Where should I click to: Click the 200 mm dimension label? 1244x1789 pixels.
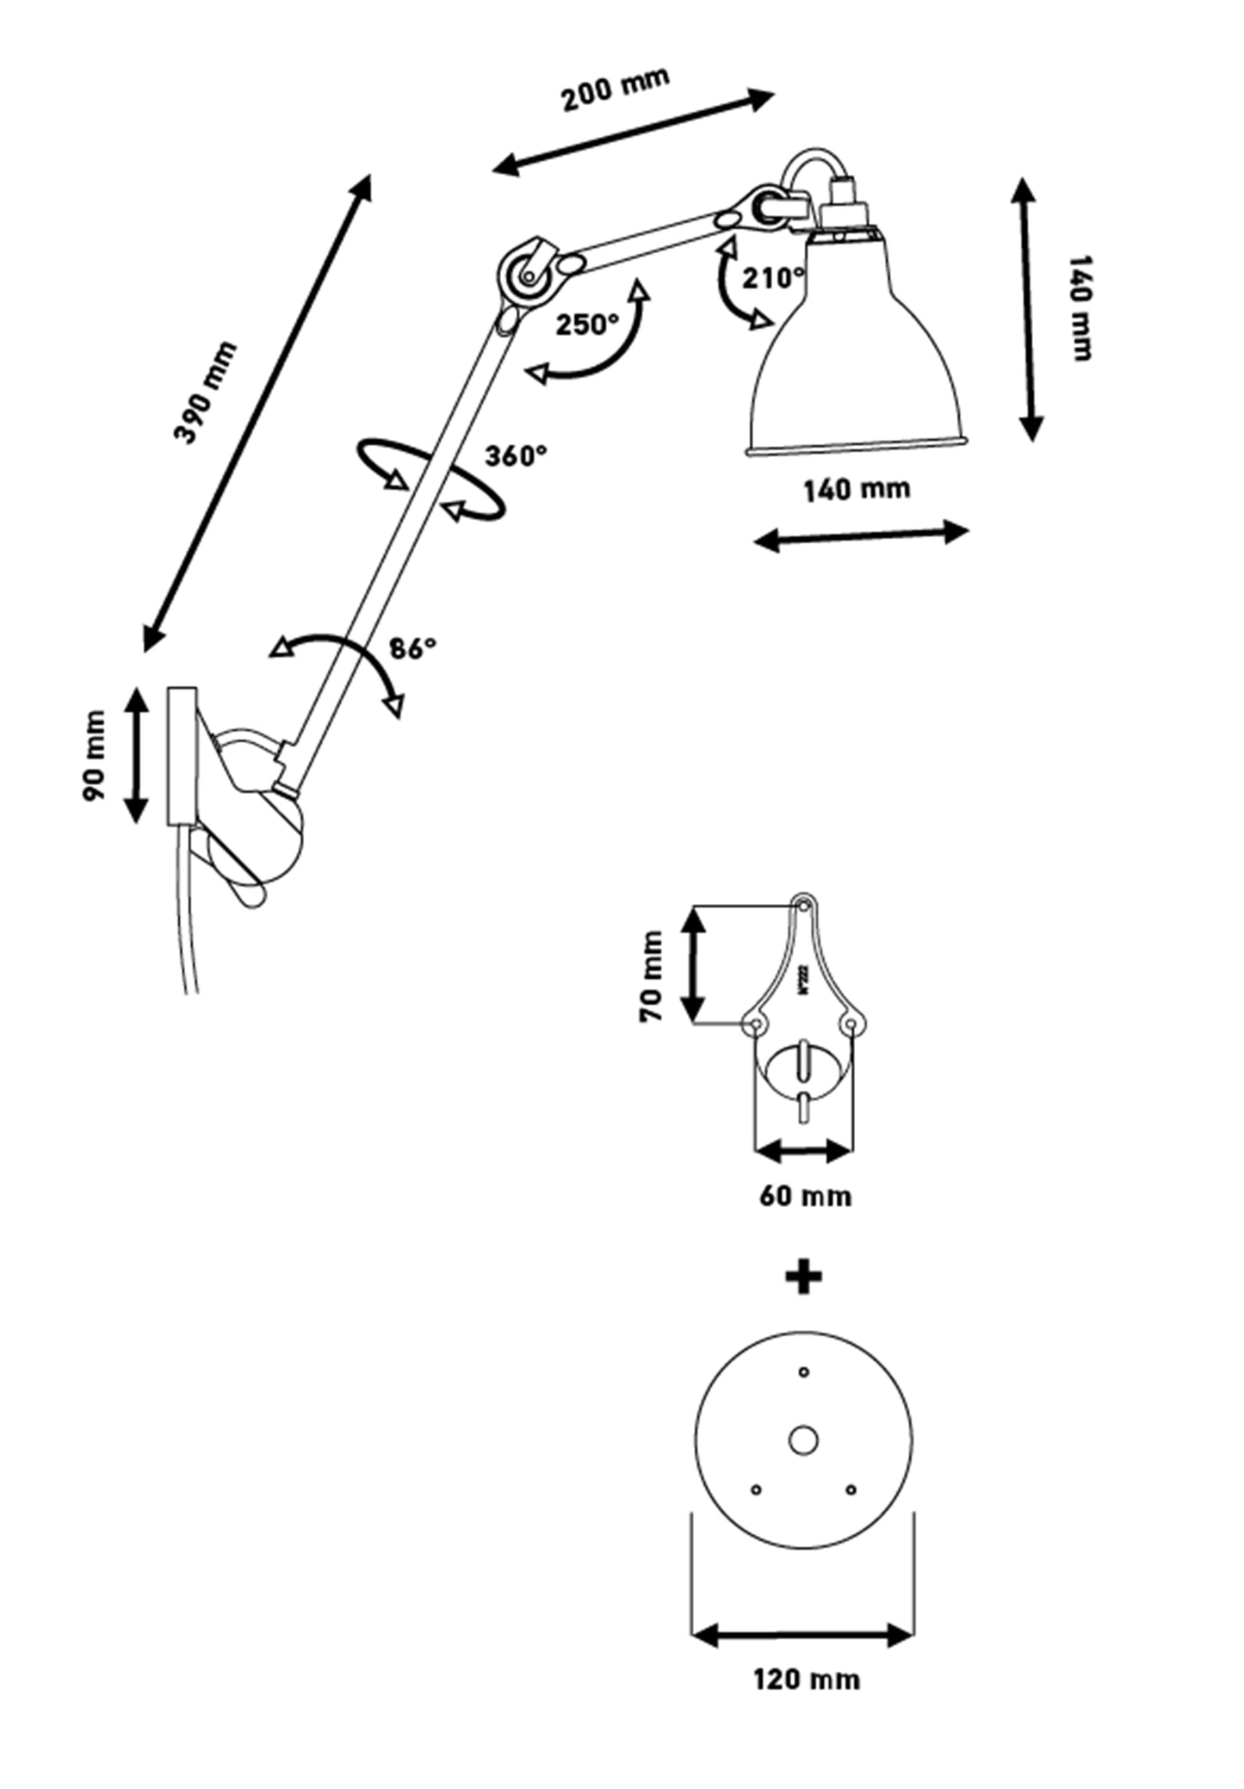click(615, 90)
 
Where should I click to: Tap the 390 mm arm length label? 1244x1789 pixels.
click(205, 392)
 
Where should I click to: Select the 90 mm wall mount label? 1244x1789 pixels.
click(95, 755)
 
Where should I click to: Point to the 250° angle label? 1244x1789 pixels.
click(586, 325)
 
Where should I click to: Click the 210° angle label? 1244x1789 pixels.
click(774, 278)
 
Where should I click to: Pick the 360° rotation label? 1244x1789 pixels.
click(516, 455)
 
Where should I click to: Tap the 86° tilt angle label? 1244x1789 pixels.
click(412, 648)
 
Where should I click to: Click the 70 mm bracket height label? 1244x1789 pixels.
click(652, 976)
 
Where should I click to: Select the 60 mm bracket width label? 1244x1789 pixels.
click(805, 1196)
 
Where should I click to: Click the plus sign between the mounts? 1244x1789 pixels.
click(804, 1277)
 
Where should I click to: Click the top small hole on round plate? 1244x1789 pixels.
click(804, 1371)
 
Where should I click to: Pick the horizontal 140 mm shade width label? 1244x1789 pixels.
click(857, 490)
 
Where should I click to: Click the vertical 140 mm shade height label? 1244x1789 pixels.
click(1080, 308)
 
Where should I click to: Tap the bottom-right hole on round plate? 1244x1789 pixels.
click(851, 1489)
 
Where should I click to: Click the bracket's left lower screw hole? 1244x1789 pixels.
click(756, 1024)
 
